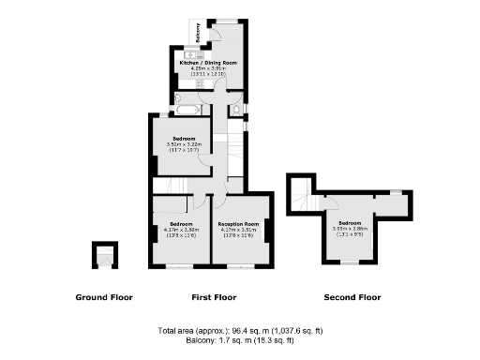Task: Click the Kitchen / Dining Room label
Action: point(214,62)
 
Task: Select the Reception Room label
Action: point(238,224)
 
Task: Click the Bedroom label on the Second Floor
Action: point(350,222)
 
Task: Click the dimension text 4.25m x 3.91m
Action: point(214,67)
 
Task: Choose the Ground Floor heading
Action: point(104,297)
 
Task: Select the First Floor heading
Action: point(214,297)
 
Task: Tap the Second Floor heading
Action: point(352,297)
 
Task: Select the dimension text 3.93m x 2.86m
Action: point(350,228)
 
